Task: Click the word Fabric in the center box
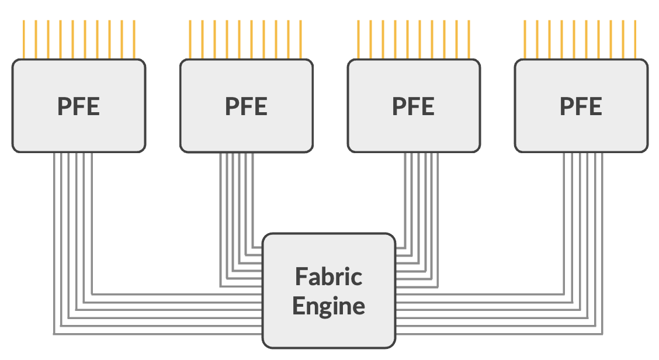coord(328,276)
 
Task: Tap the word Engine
coord(328,306)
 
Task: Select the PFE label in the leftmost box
coord(79,106)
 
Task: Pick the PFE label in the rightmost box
coord(581,106)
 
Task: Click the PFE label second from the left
coord(246,106)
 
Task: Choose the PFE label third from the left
coord(413,106)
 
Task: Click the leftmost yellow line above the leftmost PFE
coord(23,40)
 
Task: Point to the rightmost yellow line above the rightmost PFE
coord(635,40)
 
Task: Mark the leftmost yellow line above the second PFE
coord(190,40)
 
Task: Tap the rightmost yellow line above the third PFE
coord(469,40)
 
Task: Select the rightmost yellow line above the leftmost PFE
coord(134,40)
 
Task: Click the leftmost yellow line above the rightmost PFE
coord(525,40)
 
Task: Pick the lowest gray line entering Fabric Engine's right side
coord(497,334)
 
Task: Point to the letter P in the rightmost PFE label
coord(566,106)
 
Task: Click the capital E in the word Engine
coord(299,306)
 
